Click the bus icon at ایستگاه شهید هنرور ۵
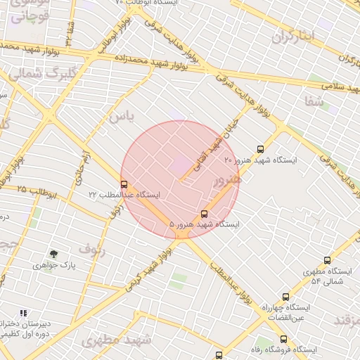pos(205,213)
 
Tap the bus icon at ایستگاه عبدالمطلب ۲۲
pos(124,184)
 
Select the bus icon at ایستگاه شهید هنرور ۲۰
pos(261,149)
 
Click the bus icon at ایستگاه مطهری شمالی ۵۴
pos(327,260)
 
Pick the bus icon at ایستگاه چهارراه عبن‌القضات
pos(285,297)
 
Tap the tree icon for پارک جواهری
pos(53,254)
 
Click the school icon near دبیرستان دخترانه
pos(23,313)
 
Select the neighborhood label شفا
pos(314,101)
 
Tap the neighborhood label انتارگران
pos(290,36)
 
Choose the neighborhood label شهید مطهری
pos(116,340)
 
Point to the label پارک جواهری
pos(54,267)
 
